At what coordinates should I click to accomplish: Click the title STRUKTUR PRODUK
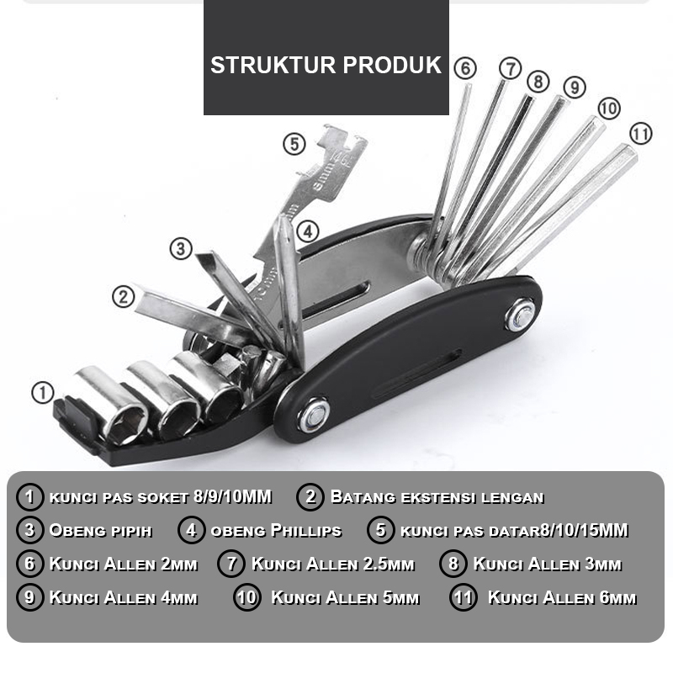tap(326, 66)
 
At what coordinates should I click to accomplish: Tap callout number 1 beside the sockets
tap(42, 392)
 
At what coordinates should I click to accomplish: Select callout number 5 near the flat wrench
tap(293, 144)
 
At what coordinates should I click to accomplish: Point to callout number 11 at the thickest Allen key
tap(640, 133)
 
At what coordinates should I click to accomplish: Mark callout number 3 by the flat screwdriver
tap(181, 248)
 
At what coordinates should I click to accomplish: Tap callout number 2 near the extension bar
tap(124, 296)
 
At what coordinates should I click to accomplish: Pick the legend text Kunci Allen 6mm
tap(561, 598)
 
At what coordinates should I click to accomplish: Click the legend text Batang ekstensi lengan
tap(437, 497)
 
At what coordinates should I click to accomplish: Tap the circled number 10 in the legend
tap(247, 598)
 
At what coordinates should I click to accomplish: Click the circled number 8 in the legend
tap(453, 564)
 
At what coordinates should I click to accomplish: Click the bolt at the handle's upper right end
tap(520, 316)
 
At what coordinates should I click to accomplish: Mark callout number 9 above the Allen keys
tap(574, 87)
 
